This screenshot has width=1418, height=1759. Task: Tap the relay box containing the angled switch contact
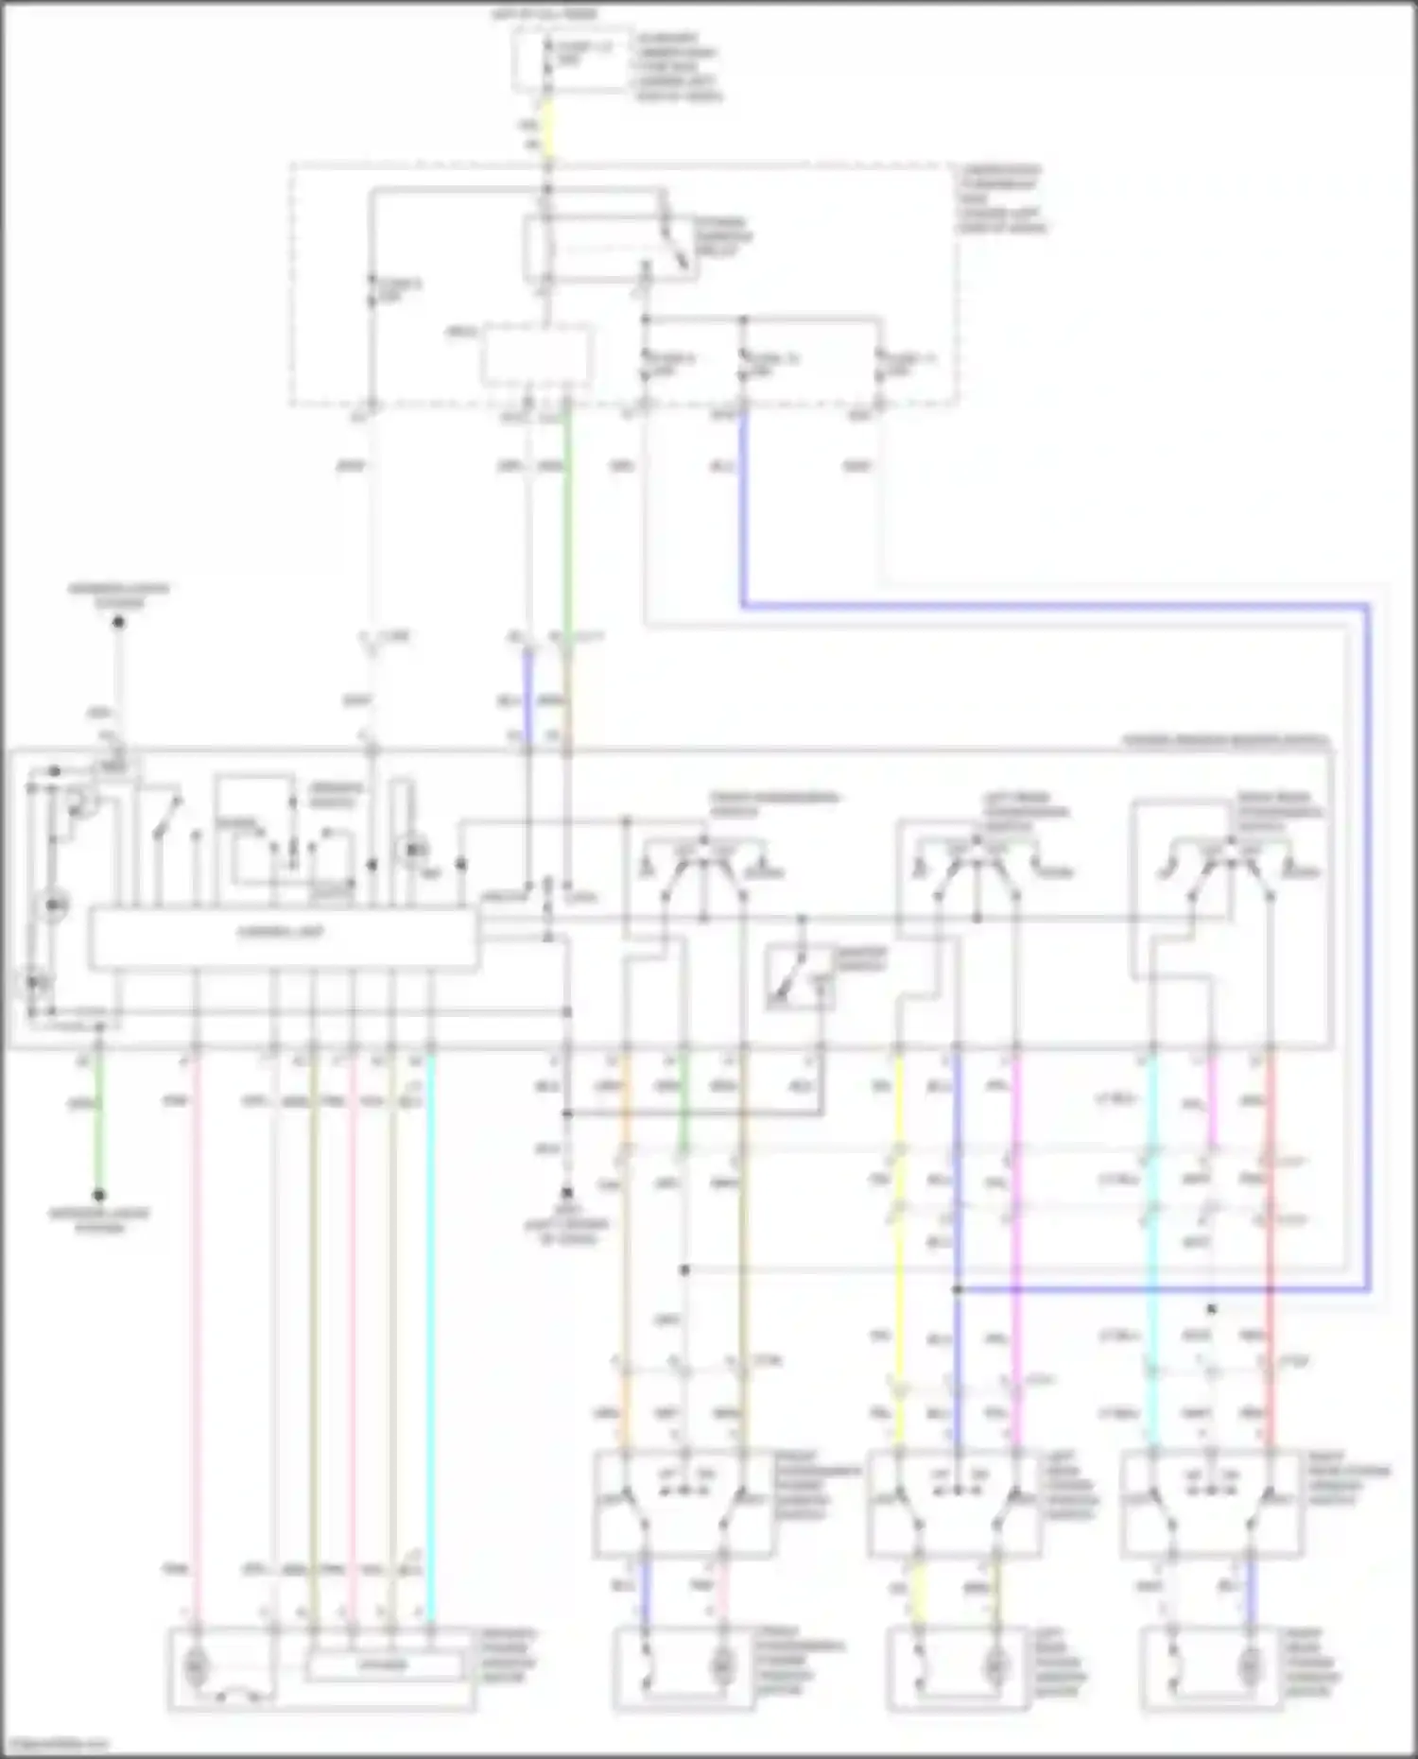point(611,249)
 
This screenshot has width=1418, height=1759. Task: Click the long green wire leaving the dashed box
point(566,529)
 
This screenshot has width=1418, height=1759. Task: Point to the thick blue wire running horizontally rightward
point(1040,605)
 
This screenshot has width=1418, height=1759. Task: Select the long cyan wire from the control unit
point(431,1323)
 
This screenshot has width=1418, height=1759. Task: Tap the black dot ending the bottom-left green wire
point(98,1195)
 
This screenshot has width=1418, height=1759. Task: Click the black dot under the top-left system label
point(119,622)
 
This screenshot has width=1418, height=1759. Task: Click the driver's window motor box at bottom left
point(321,1668)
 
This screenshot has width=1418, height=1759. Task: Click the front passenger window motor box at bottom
point(683,1668)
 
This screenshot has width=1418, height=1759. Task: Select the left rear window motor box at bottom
point(957,1668)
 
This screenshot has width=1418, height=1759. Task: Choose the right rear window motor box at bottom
point(1211,1668)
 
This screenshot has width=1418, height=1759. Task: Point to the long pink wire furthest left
point(197,1323)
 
